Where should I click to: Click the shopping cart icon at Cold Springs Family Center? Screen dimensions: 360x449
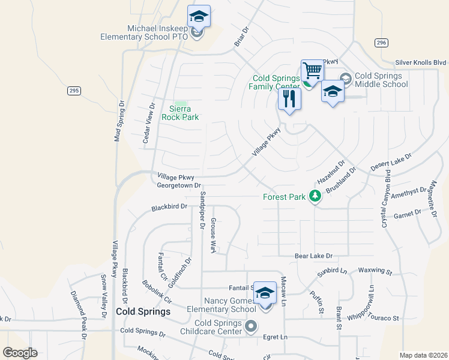312,71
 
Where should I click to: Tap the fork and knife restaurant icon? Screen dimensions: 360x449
290,99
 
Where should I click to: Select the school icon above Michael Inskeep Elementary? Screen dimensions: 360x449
198,17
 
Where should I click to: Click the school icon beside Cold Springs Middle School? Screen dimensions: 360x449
333,92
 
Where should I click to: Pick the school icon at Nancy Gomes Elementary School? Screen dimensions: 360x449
265,293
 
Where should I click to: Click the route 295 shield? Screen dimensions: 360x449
73,91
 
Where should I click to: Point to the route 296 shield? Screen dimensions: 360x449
381,43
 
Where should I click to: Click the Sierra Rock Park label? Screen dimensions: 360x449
180,113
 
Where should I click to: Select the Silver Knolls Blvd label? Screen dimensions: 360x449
421,62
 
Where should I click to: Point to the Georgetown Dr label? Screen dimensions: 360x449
178,186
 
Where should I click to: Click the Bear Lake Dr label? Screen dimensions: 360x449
313,256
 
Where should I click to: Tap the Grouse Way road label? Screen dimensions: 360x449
213,235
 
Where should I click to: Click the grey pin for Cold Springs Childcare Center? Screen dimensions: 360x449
251,326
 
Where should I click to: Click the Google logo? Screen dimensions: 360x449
20,353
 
